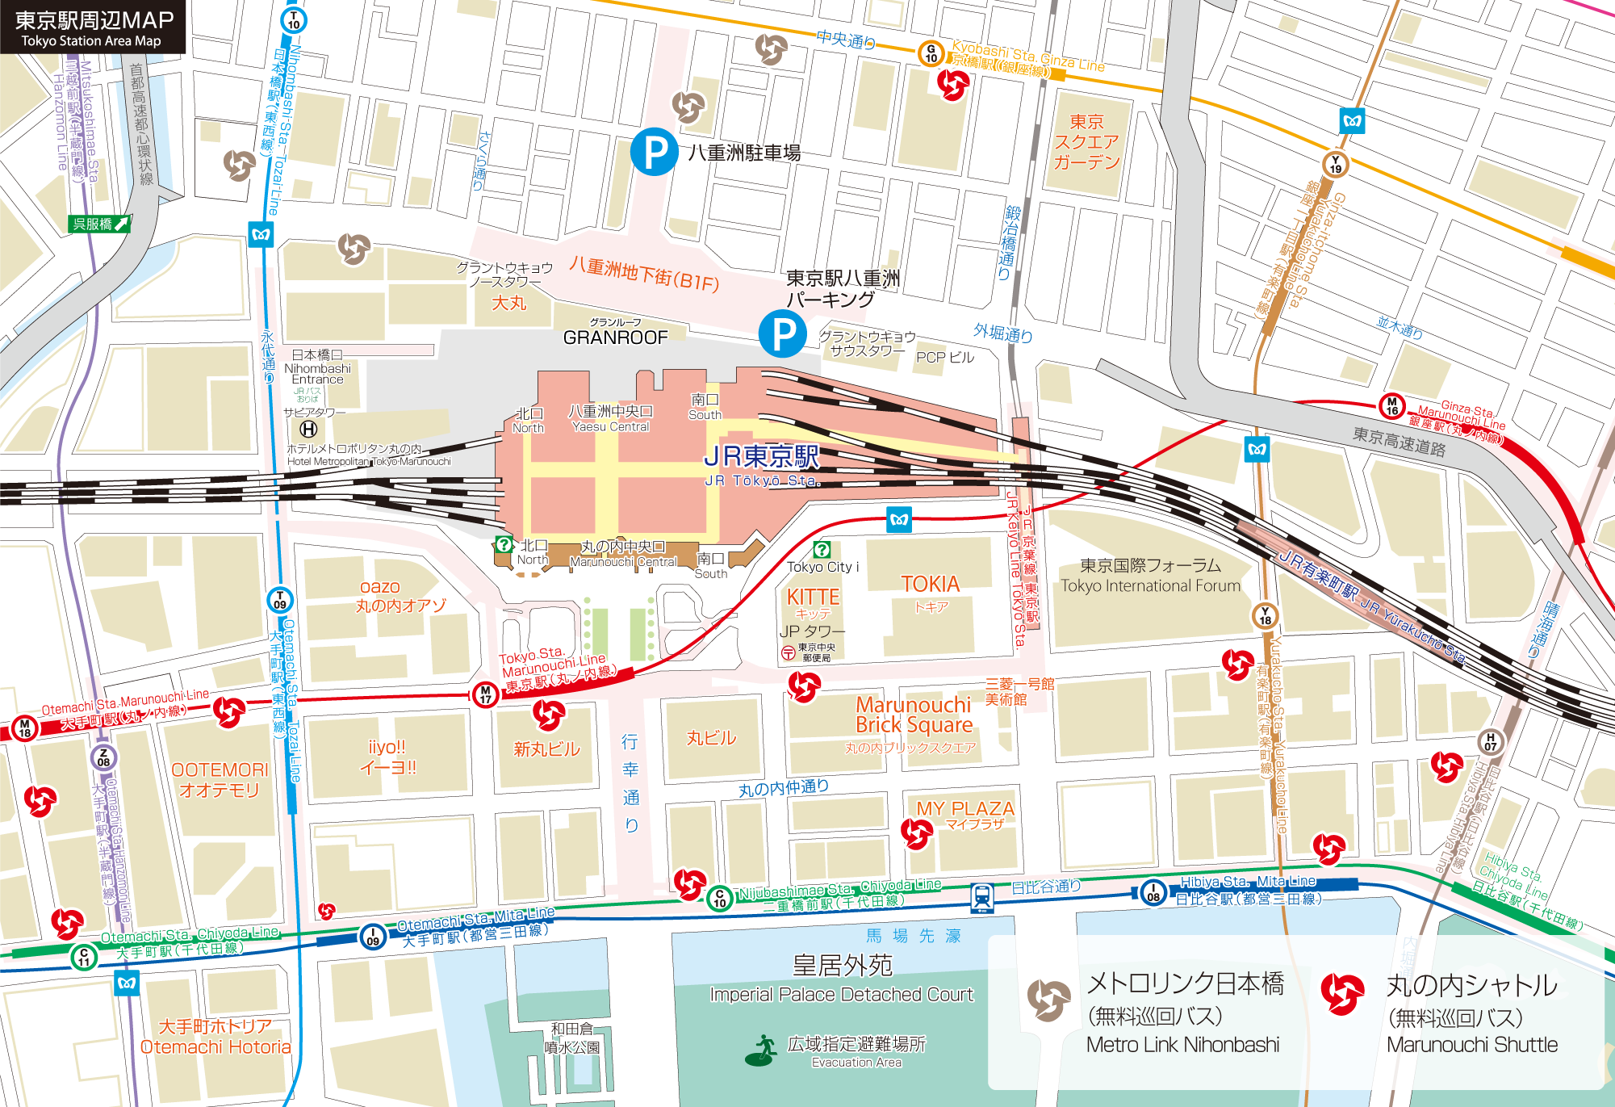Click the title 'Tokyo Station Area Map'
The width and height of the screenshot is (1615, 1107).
pyautogui.click(x=91, y=40)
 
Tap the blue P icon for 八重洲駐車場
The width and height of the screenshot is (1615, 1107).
pyautogui.click(x=654, y=152)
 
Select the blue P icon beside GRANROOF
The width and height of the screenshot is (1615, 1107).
pyautogui.click(x=782, y=333)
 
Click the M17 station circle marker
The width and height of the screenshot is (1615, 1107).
pyautogui.click(x=485, y=694)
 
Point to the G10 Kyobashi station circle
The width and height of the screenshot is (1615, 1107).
pyautogui.click(x=931, y=53)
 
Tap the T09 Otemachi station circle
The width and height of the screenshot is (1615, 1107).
pyautogui.click(x=279, y=600)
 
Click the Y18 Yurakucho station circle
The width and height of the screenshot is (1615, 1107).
pyautogui.click(x=1265, y=616)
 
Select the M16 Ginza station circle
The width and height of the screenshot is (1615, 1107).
pyautogui.click(x=1391, y=405)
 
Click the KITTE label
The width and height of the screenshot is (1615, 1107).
pyautogui.click(x=814, y=598)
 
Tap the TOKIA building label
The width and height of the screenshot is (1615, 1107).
pyautogui.click(x=930, y=585)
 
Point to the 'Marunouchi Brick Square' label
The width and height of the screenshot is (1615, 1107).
pyautogui.click(x=914, y=715)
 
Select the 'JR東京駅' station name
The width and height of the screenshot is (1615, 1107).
pyautogui.click(x=761, y=457)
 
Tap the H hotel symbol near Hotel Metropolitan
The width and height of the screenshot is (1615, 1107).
pyautogui.click(x=308, y=429)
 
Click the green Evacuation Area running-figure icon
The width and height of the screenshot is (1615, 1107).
pyautogui.click(x=760, y=1050)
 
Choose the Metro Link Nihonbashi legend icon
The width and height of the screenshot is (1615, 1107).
pyautogui.click(x=1048, y=1000)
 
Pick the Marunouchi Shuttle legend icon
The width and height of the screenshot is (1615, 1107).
pyautogui.click(x=1342, y=994)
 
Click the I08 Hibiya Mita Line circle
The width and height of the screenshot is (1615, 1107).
pyautogui.click(x=1153, y=892)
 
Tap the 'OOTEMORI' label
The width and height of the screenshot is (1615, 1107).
pyautogui.click(x=220, y=770)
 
